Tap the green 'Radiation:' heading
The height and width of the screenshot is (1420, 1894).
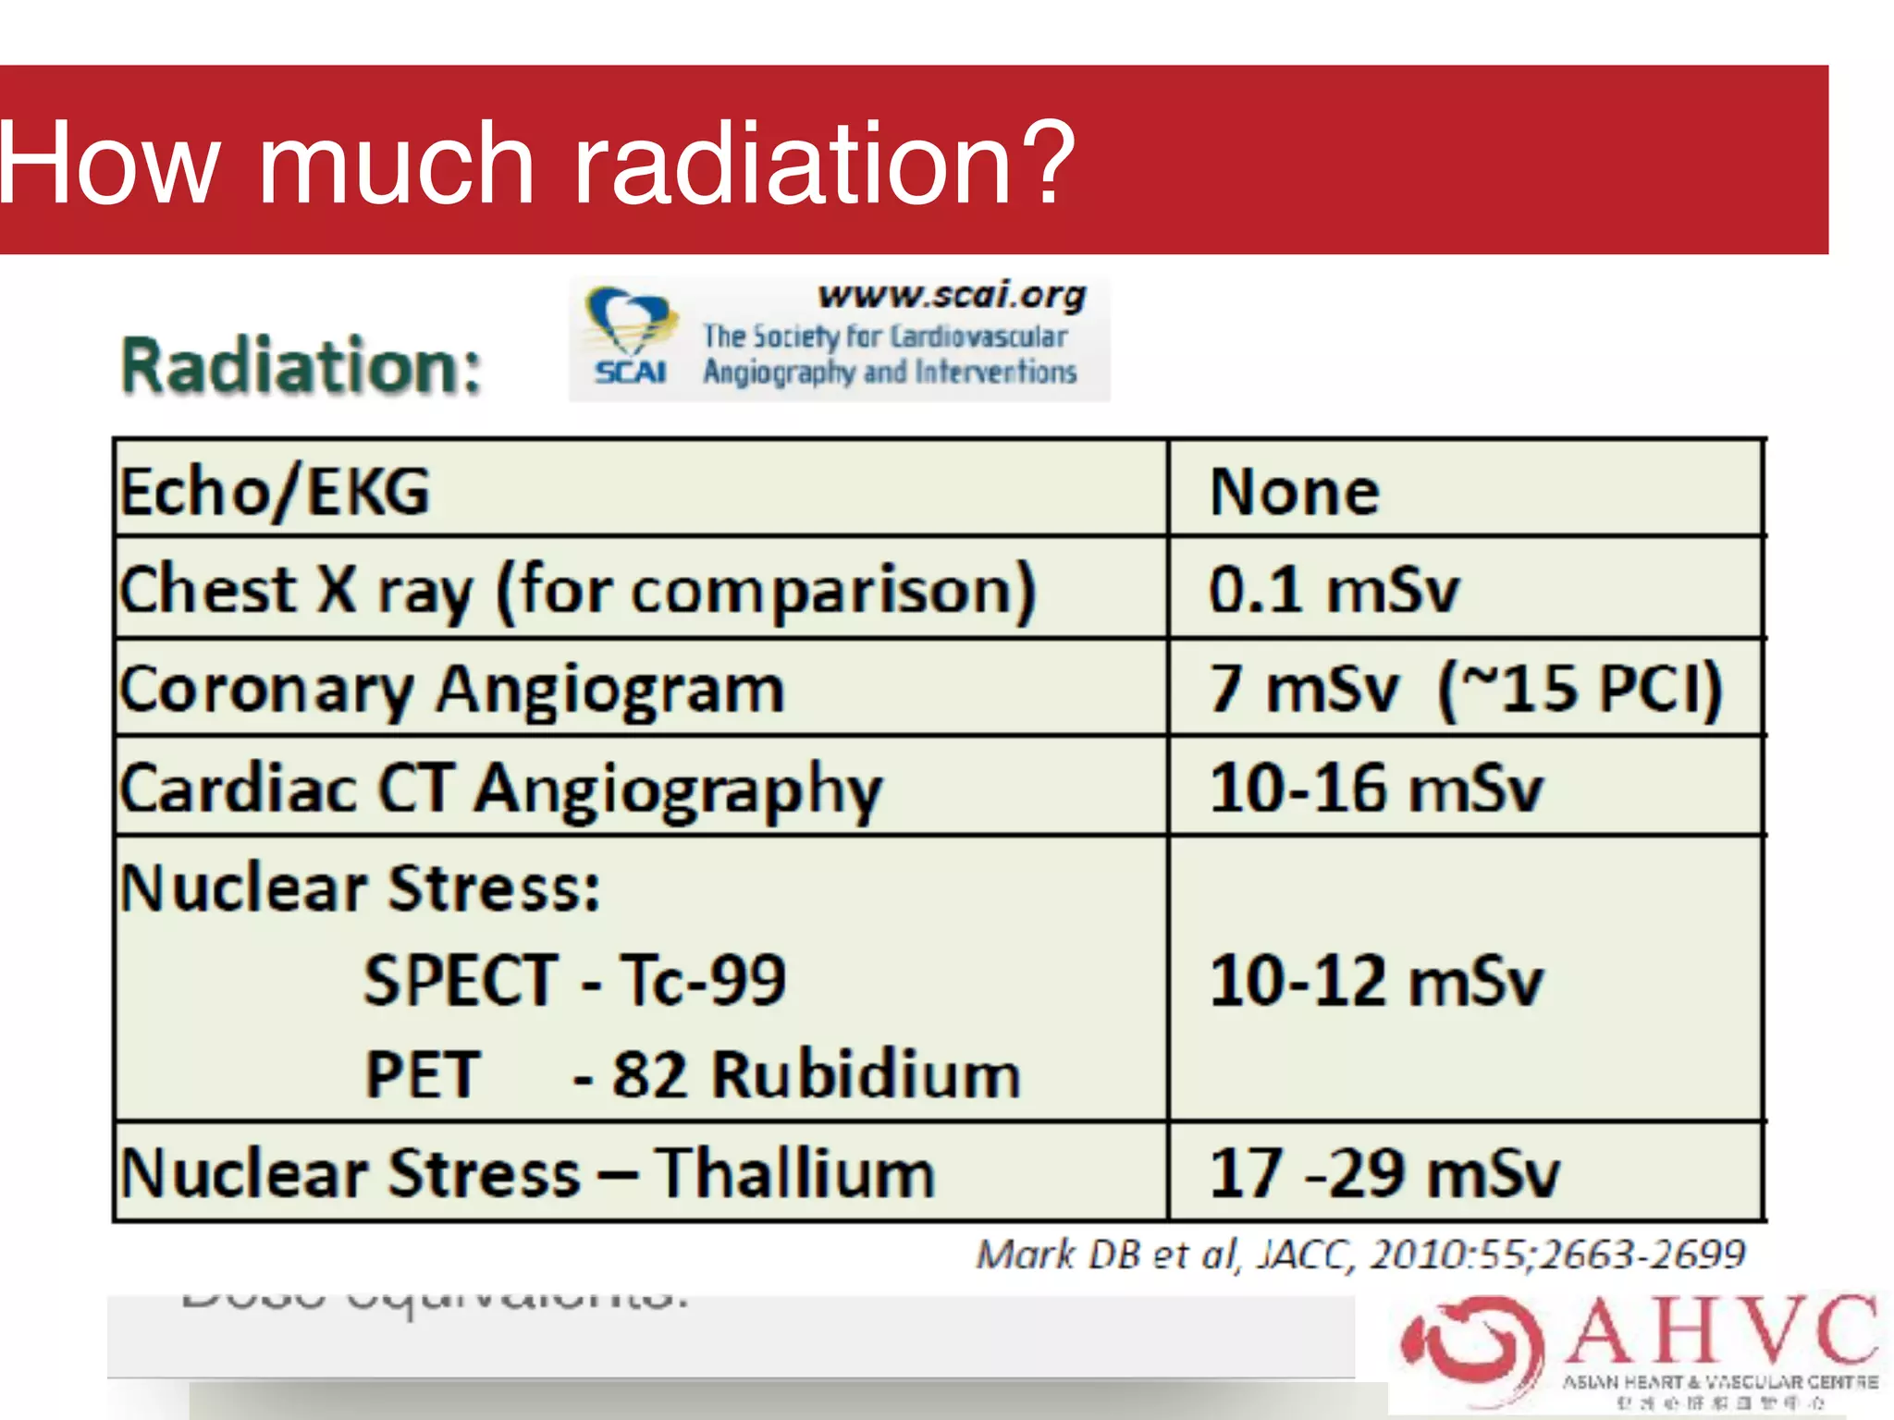coord(301,366)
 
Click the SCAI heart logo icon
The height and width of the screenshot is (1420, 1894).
coord(629,324)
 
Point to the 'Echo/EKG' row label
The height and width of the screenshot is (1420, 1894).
coord(276,492)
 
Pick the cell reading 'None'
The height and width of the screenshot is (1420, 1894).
coord(1295,492)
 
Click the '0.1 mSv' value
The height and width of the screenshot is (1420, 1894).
coord(1334,590)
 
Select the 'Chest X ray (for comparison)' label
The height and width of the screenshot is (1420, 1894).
coord(578,590)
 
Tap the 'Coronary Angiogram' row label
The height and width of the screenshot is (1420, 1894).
coord(452,690)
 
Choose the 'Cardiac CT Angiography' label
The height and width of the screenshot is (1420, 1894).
coord(500,790)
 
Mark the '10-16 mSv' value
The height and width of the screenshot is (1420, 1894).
coord(1376,790)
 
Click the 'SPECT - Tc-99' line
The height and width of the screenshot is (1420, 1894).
coord(574,980)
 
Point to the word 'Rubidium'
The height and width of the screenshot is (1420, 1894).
coord(867,1075)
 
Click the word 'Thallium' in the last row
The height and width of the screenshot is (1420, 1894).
coord(795,1174)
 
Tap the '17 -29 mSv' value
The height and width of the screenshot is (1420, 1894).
coord(1384,1174)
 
